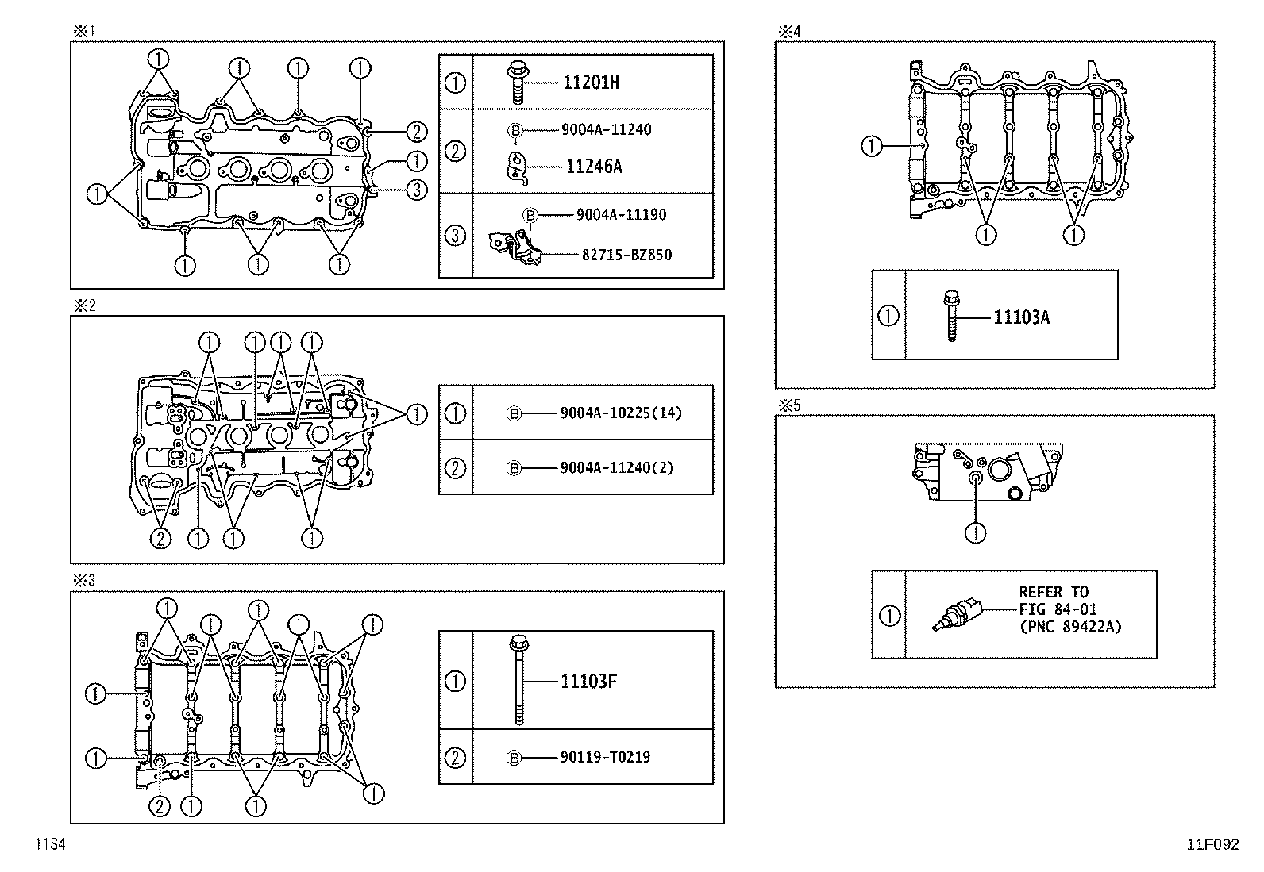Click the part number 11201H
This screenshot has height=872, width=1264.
pos(591,82)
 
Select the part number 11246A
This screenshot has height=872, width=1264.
pos(594,167)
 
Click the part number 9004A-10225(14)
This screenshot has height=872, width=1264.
pos(621,413)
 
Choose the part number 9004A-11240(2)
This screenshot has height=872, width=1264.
pos(616,467)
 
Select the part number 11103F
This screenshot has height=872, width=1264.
pos(588,681)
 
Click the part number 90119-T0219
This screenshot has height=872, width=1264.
pos(604,757)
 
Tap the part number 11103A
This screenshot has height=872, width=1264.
pos(1021,317)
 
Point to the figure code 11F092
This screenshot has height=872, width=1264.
pos(1212,845)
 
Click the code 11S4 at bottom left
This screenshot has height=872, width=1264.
pos(48,845)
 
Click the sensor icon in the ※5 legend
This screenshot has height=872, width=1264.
pos(958,617)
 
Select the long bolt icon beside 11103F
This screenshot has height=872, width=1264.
pos(518,680)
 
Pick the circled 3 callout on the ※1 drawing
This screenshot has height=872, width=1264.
pos(416,189)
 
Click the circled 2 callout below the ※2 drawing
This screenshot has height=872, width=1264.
pos(160,539)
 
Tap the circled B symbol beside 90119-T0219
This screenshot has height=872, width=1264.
pos(514,758)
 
